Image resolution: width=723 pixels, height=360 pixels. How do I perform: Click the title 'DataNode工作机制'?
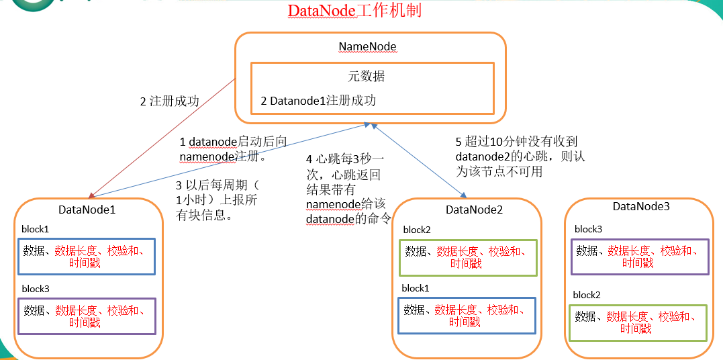pyautogui.click(x=354, y=11)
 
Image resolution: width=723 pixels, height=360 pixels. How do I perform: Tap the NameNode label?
pyautogui.click(x=367, y=47)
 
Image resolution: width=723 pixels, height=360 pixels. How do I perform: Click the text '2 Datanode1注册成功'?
pyautogui.click(x=318, y=101)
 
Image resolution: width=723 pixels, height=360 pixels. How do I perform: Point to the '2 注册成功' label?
pyautogui.click(x=170, y=101)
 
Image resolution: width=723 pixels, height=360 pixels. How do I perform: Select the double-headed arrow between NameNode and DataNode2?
pyautogui.click(x=416, y=160)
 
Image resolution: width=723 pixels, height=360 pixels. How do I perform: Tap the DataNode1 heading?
pyautogui.click(x=87, y=210)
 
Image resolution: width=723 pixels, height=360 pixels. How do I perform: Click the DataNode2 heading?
pyautogui.click(x=474, y=210)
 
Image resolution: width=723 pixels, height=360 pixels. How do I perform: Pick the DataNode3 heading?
pyautogui.click(x=641, y=207)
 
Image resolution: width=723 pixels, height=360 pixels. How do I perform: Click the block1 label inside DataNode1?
pyautogui.click(x=35, y=229)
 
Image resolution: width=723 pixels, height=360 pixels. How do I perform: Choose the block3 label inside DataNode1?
pyautogui.click(x=35, y=289)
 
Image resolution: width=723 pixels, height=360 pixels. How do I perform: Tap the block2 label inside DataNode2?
pyautogui.click(x=417, y=230)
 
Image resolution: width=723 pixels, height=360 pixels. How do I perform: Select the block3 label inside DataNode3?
pyautogui.click(x=588, y=229)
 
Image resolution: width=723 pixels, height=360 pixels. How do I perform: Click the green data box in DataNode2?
pyautogui.click(x=468, y=258)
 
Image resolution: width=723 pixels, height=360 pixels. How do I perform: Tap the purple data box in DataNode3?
pyautogui.click(x=639, y=257)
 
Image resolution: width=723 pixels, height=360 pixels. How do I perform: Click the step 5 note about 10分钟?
pyautogui.click(x=516, y=156)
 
